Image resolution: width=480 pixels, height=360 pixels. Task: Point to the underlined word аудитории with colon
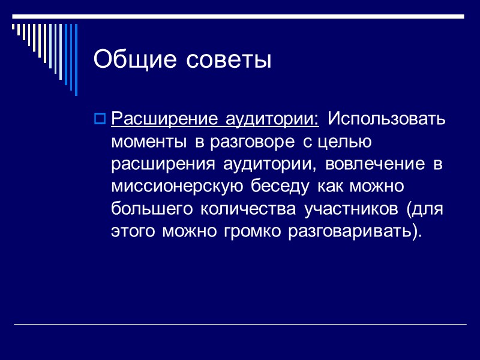272,118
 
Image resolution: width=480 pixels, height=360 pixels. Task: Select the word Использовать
386,118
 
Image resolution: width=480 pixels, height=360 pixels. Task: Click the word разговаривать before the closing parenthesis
350,232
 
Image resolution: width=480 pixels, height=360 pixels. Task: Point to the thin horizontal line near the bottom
240,325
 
